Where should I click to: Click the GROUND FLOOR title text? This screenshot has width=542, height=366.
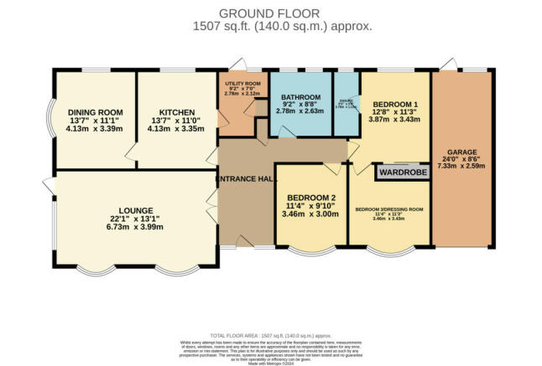coord(270,13)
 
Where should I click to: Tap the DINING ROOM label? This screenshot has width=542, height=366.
coord(95,112)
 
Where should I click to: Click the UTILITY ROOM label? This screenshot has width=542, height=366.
coord(238,85)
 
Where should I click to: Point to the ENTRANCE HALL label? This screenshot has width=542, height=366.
coord(245,179)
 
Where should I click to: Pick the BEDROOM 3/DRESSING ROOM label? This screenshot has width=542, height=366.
coord(388,209)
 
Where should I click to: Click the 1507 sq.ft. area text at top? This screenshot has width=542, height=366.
coord(270,27)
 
